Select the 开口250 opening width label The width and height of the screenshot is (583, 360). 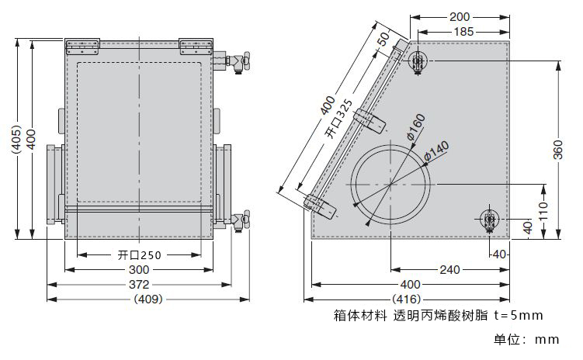(140, 255)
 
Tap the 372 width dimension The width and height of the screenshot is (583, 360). (139, 284)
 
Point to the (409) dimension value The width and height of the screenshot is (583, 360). (147, 299)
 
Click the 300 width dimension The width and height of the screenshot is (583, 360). (139, 269)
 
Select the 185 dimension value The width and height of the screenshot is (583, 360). (464, 32)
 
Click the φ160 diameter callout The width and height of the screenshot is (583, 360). (415, 128)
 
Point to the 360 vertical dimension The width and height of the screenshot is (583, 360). (557, 151)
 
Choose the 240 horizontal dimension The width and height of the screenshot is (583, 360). (449, 269)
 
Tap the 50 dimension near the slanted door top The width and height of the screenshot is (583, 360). (383, 40)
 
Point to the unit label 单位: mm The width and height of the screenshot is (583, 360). (526, 340)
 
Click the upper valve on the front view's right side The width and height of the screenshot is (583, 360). (236, 61)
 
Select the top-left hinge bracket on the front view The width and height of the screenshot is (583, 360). (83, 45)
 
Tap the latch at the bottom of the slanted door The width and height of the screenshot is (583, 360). (321, 205)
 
